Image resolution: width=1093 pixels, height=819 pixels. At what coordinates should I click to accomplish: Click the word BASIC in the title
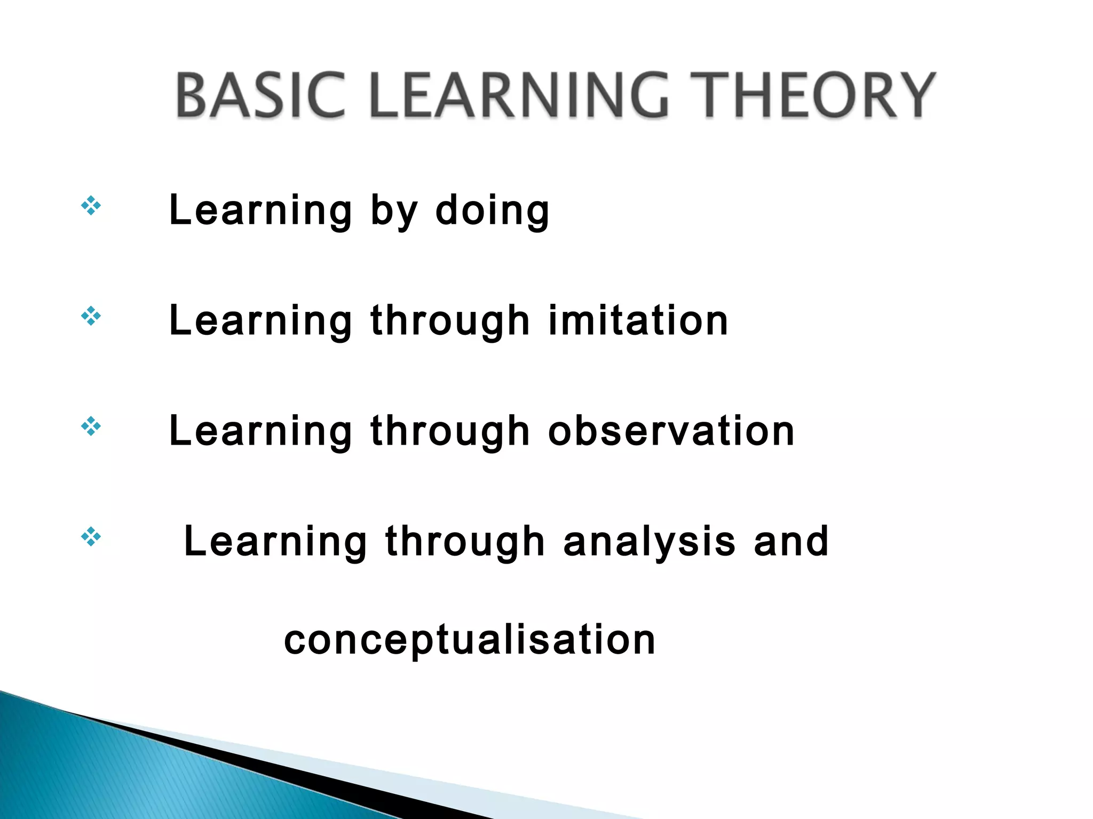pyautogui.click(x=260, y=96)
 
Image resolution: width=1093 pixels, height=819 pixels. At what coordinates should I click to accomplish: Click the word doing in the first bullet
pyautogui.click(x=492, y=211)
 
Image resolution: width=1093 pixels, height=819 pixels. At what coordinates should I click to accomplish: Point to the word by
pyautogui.click(x=393, y=211)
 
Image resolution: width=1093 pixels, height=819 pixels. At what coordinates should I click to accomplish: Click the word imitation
pyautogui.click(x=638, y=321)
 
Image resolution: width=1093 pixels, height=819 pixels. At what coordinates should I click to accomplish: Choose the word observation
pyautogui.click(x=671, y=431)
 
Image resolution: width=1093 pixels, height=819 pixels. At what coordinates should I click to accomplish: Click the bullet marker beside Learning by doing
pyautogui.click(x=91, y=206)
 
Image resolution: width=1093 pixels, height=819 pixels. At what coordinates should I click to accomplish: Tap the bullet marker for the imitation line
pyautogui.click(x=91, y=316)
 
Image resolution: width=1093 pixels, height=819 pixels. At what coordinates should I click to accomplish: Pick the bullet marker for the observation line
pyautogui.click(x=91, y=427)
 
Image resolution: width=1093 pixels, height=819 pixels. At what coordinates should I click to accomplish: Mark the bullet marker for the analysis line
pyautogui.click(x=91, y=537)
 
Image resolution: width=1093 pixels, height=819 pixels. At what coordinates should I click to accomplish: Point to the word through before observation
pyautogui.click(x=450, y=432)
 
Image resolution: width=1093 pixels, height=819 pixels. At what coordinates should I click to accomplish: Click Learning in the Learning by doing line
pyautogui.click(x=260, y=211)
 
